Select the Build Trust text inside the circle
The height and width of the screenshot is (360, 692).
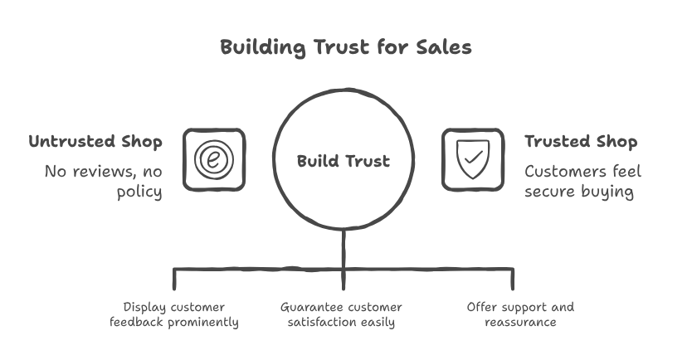pyautogui.click(x=343, y=161)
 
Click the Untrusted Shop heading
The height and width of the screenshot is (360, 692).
pyautogui.click(x=95, y=142)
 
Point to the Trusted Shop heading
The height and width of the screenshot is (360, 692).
pyautogui.click(x=581, y=142)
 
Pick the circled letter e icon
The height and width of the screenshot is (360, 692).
pyautogui.click(x=214, y=159)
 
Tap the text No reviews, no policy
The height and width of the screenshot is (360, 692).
pyautogui.click(x=104, y=182)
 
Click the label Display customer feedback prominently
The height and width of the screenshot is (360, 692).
pyautogui.click(x=174, y=314)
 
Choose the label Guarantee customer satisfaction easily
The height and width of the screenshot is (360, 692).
pyautogui.click(x=342, y=314)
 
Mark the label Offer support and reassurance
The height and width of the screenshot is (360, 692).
pyautogui.click(x=520, y=314)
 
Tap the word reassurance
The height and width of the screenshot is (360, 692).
pyautogui.click(x=520, y=323)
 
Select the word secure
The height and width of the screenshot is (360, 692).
pyautogui.click(x=551, y=192)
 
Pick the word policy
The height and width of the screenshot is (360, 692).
pyautogui.click(x=139, y=192)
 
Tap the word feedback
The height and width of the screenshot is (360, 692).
pyautogui.click(x=135, y=323)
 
